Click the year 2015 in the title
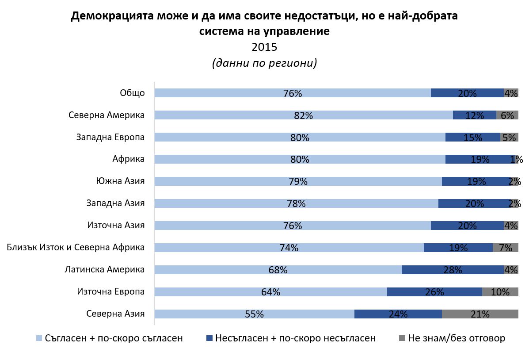click(x=264, y=47)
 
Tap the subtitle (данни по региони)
click(x=264, y=63)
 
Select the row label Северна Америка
click(x=107, y=115)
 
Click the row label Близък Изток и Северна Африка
click(x=76, y=248)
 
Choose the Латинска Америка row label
click(x=104, y=270)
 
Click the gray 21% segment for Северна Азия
click(x=480, y=314)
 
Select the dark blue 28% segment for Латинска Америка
click(x=453, y=270)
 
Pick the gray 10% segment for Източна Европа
click(x=500, y=292)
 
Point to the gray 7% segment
click(x=505, y=248)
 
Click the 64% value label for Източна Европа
click(x=270, y=292)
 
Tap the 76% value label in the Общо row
click(x=292, y=93)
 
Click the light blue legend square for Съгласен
click(x=39, y=338)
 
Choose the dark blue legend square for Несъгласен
click(x=209, y=338)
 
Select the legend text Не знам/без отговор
click(x=457, y=338)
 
